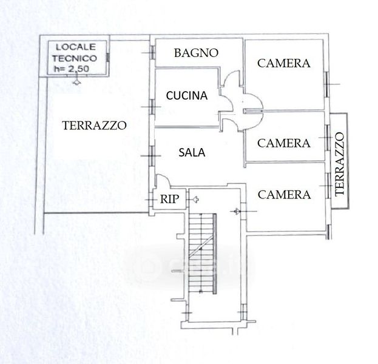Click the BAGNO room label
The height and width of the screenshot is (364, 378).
[x=196, y=53]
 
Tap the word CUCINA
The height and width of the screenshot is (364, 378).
[x=187, y=96]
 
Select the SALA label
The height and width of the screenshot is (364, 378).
[x=192, y=153]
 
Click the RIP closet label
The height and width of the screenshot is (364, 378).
[x=170, y=199]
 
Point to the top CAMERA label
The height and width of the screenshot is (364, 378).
[x=284, y=64]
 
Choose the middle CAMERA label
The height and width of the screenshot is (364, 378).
[x=284, y=143]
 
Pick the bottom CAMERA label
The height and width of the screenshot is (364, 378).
[x=284, y=195]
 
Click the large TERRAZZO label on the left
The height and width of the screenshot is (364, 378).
[x=94, y=126]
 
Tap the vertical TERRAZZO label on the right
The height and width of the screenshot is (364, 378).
[x=340, y=164]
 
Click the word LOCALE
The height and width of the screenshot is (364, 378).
[x=76, y=47]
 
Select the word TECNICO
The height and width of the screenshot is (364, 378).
[x=75, y=58]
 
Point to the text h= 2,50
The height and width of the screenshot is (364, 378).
[x=72, y=69]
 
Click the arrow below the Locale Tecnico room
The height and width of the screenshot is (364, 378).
[x=76, y=81]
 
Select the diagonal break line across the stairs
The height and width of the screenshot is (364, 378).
[x=201, y=246]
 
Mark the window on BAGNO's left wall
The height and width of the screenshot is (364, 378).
[x=153, y=52]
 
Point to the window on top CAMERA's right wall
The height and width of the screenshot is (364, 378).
[x=326, y=84]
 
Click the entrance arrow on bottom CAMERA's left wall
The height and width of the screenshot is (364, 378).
[x=237, y=211]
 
